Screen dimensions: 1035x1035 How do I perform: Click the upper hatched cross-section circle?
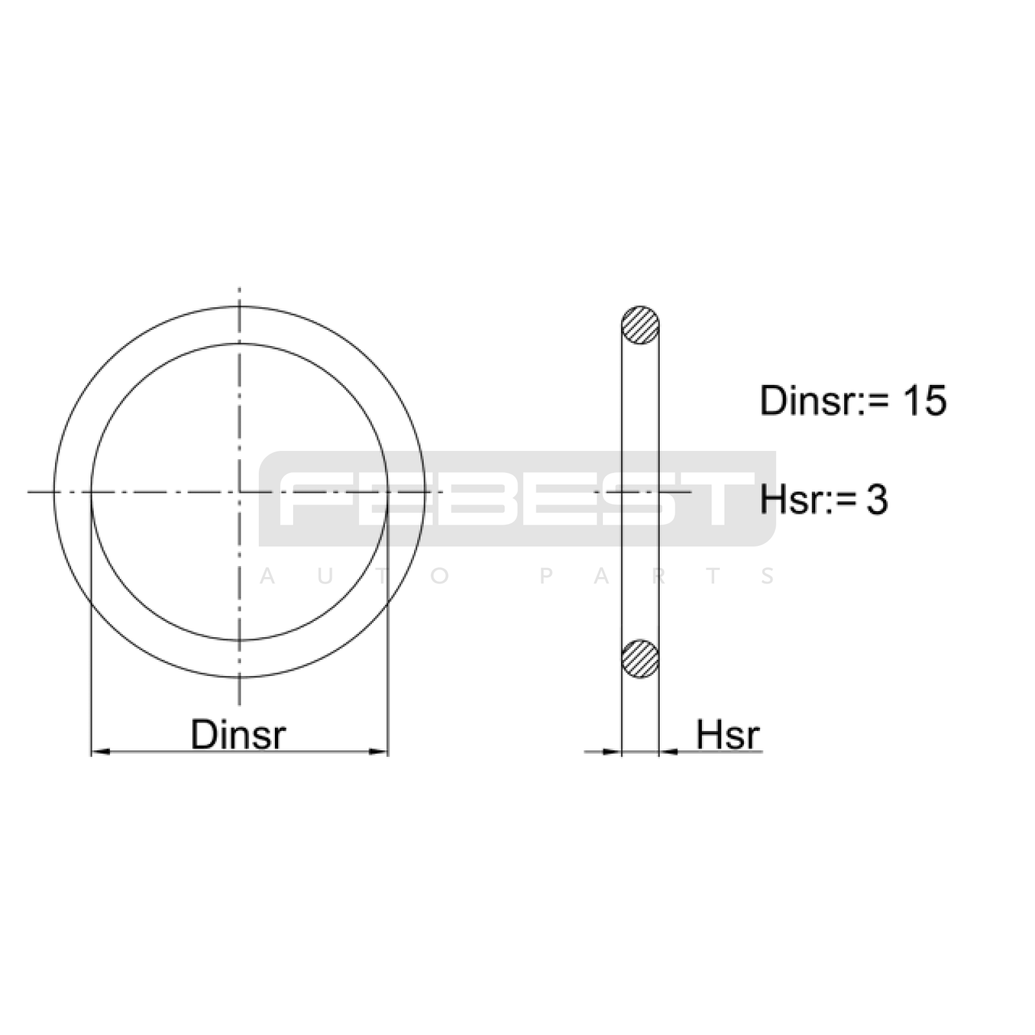640,325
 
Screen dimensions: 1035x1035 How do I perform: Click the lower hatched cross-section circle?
640,659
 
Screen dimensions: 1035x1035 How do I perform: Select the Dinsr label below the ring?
238,734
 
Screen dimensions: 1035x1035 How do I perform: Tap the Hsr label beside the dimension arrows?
728,734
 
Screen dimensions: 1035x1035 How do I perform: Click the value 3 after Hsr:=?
877,500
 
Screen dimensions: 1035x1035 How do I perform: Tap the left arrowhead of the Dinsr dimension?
100,752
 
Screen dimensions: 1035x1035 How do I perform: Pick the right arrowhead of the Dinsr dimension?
378,752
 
